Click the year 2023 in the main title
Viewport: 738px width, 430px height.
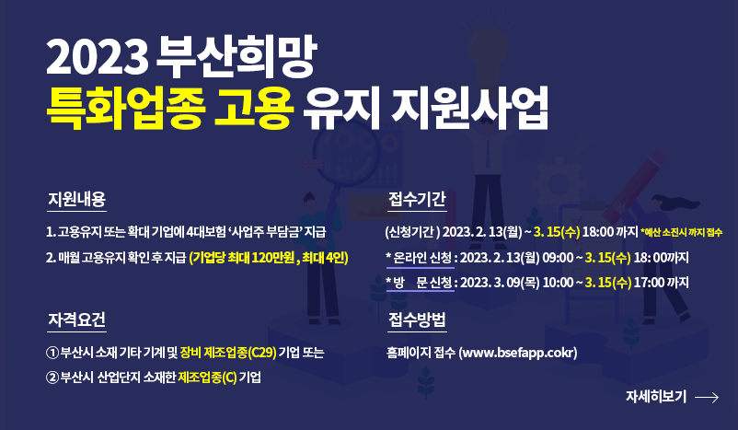(97, 58)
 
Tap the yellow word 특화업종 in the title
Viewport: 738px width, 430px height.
(126, 109)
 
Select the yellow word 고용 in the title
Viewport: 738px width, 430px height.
(254, 109)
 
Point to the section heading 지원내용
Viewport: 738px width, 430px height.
(76, 199)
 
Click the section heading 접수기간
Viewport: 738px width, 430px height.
(417, 199)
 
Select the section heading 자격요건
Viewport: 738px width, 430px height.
(76, 320)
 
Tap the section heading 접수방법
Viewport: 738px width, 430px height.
(417, 320)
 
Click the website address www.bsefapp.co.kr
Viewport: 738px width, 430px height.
(518, 353)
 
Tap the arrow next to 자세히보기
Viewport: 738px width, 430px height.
(707, 398)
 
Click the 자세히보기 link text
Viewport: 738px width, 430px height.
(655, 397)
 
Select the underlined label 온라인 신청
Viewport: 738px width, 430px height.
(422, 258)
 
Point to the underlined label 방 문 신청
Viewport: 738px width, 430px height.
(422, 283)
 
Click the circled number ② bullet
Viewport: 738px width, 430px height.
(52, 378)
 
